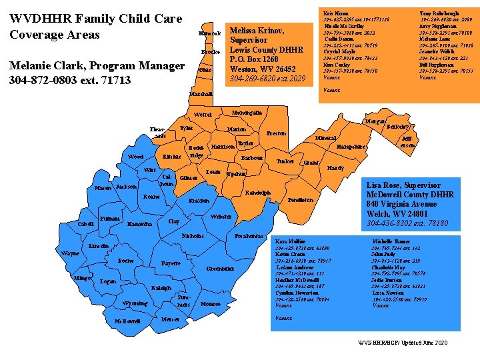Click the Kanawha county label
(x=139, y=224)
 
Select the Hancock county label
(x=209, y=33)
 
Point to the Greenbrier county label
(x=219, y=269)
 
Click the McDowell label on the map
(x=127, y=321)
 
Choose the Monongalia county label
(x=246, y=113)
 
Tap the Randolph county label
(x=257, y=193)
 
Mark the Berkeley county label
(x=398, y=126)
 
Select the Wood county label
(x=135, y=157)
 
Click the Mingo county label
(x=83, y=277)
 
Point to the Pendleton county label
(x=300, y=200)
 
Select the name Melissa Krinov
(x=257, y=31)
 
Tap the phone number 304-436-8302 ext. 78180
(x=407, y=223)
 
